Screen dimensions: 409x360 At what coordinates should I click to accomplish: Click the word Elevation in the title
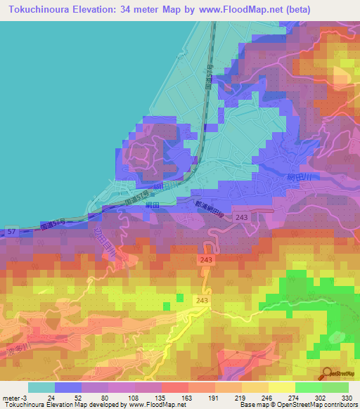(x=93, y=10)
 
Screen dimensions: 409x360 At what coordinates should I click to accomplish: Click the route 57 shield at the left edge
(x=11, y=231)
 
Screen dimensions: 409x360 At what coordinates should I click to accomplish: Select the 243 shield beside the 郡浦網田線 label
(x=240, y=219)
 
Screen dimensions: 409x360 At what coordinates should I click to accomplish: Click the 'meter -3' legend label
(x=13, y=398)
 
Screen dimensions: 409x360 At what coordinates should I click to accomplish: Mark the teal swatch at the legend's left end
(x=41, y=387)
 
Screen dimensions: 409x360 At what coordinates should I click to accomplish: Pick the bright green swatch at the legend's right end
(x=335, y=387)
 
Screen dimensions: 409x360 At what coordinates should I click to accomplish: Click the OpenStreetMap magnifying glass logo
(x=327, y=373)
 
